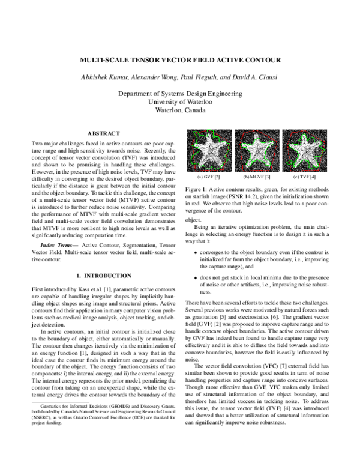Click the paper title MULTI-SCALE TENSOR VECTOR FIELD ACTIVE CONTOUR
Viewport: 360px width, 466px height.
click(180, 61)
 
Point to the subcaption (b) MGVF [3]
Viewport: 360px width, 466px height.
click(257, 177)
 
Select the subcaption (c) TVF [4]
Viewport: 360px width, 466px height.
click(305, 177)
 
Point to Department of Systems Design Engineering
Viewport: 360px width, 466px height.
click(180, 94)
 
